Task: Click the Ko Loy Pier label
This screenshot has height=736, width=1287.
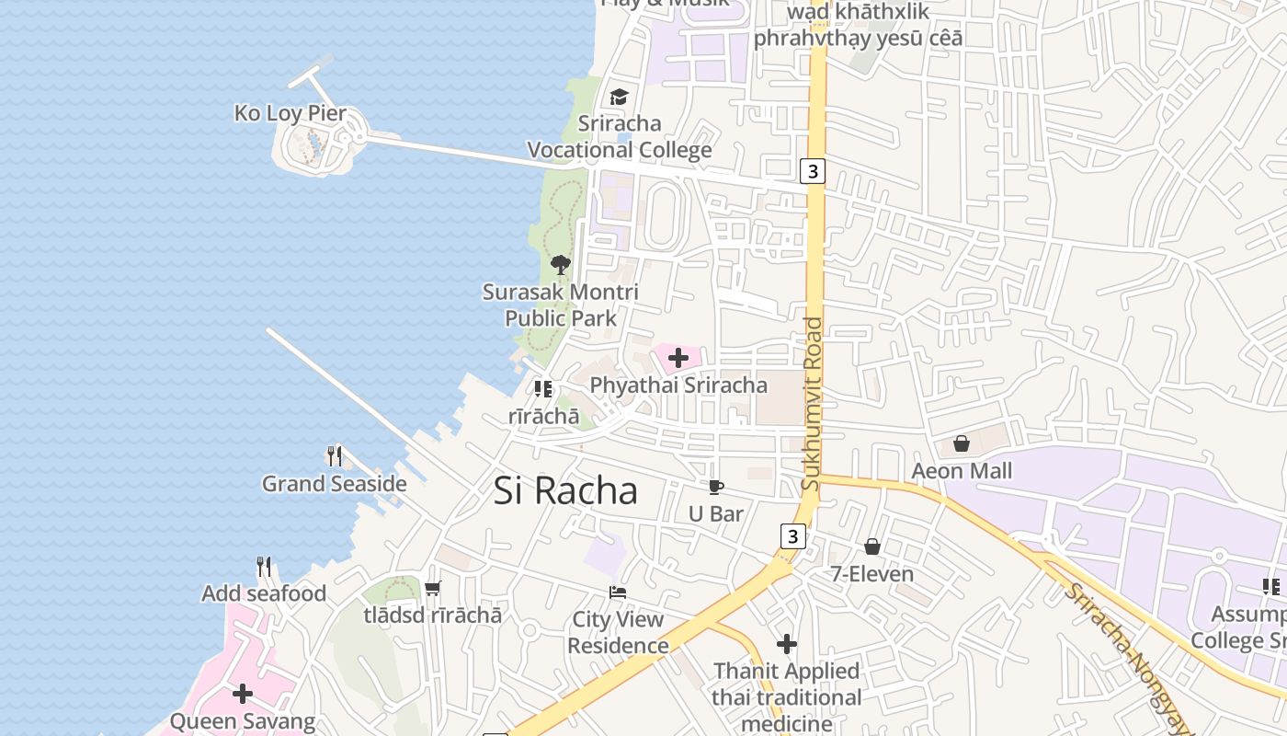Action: click(x=290, y=113)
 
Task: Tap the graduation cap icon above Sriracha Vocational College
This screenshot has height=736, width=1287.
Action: click(x=619, y=97)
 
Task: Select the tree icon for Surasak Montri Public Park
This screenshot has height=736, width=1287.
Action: click(x=560, y=266)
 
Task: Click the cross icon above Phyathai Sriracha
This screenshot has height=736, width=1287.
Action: click(x=678, y=358)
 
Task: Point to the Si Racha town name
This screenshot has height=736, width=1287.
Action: click(x=565, y=491)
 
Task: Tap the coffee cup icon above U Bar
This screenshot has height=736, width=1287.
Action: click(x=715, y=487)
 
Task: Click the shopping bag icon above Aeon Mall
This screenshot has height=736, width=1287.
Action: click(x=961, y=444)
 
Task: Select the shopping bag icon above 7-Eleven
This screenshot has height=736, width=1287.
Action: click(x=871, y=547)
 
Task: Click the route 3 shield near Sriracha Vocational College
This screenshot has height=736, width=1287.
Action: click(x=812, y=171)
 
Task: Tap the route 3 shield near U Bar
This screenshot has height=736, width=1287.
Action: click(x=793, y=535)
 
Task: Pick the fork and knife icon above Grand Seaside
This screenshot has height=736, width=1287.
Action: click(x=335, y=455)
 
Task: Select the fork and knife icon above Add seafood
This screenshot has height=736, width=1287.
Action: click(x=264, y=566)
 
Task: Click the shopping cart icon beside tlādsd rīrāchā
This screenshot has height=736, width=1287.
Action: click(x=432, y=588)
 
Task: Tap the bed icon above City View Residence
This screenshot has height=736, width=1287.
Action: click(x=618, y=592)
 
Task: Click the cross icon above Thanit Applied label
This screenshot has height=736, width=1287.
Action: click(x=786, y=644)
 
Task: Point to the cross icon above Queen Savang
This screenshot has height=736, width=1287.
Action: click(x=243, y=694)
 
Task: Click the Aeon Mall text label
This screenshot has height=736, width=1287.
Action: click(x=962, y=471)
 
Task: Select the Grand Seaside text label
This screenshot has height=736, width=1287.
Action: click(x=335, y=484)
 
